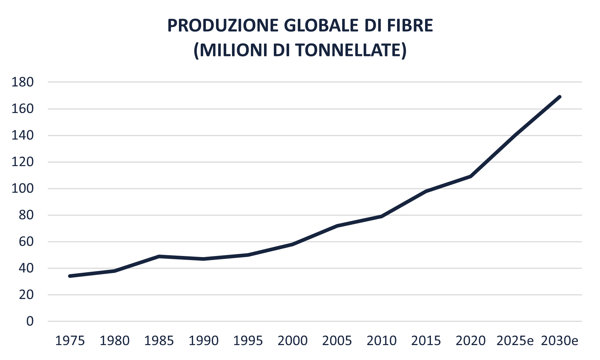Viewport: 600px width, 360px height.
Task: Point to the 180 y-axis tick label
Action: pyautogui.click(x=23, y=82)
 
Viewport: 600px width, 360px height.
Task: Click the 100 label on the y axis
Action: pyautogui.click(x=23, y=189)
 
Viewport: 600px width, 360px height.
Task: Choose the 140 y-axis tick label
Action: pyautogui.click(x=23, y=135)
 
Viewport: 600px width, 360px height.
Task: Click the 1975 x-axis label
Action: pyautogui.click(x=70, y=341)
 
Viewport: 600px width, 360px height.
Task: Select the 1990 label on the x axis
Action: pyautogui.click(x=204, y=341)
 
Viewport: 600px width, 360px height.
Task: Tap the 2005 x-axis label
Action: pyautogui.click(x=337, y=341)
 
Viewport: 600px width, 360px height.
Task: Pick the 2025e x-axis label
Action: pyautogui.click(x=515, y=341)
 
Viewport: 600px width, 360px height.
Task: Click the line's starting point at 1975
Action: pyautogui.click(x=70, y=276)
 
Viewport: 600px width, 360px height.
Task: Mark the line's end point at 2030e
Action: pyautogui.click(x=560, y=97)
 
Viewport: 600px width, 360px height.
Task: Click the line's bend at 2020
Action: pyautogui.click(x=471, y=176)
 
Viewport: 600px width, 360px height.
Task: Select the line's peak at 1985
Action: pyautogui.click(x=159, y=256)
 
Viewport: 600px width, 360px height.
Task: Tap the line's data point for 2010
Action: pyautogui.click(x=381, y=216)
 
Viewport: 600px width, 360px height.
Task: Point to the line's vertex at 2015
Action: pyautogui.click(x=426, y=191)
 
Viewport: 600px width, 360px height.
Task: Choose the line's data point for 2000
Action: pyautogui.click(x=292, y=244)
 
